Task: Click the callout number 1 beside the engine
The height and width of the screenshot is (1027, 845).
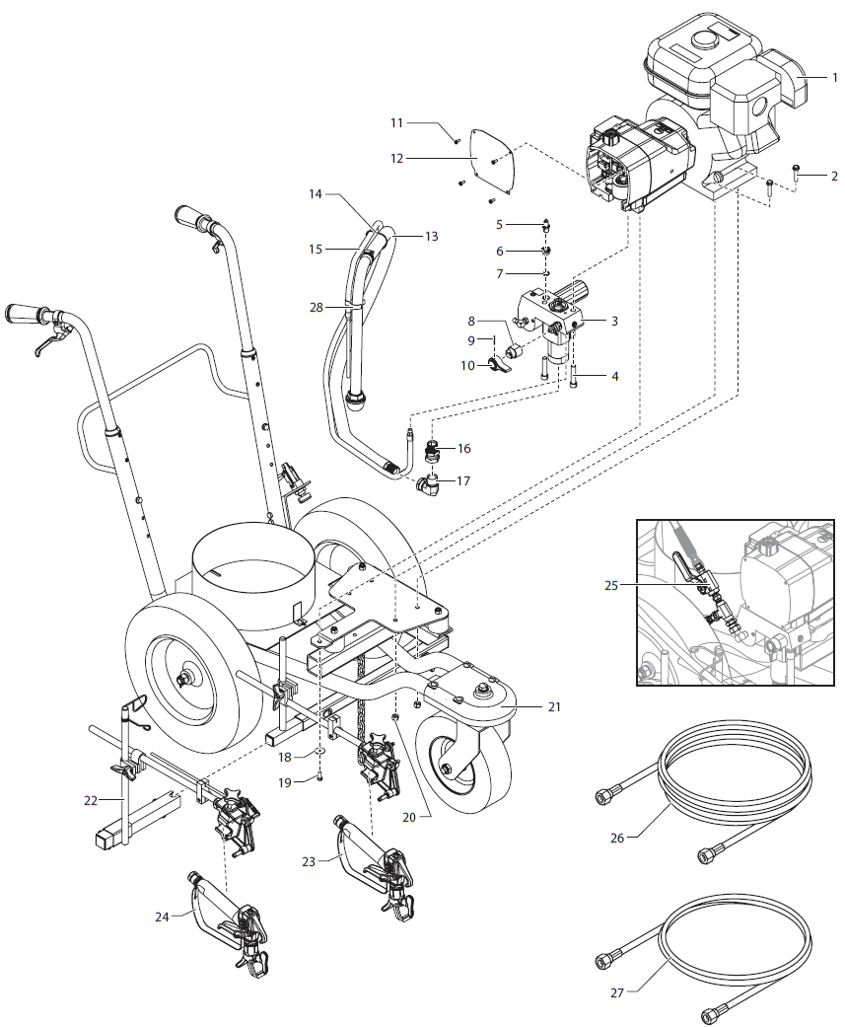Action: [834, 77]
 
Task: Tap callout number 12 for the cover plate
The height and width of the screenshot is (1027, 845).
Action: [397, 158]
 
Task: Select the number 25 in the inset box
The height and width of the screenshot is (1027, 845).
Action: [612, 584]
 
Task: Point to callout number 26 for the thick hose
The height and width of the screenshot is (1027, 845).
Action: [617, 839]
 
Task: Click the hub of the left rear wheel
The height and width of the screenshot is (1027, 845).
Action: [185, 680]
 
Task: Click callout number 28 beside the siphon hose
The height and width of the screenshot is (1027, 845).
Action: [317, 308]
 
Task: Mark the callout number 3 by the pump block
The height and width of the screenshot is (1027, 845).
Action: [614, 322]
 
